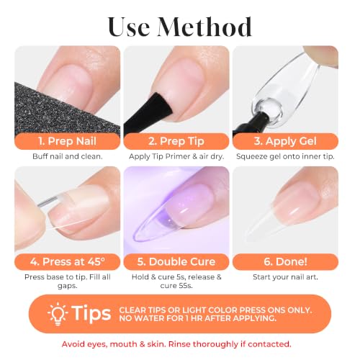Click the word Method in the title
204,27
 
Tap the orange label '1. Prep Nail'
67,141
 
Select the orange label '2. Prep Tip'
176,141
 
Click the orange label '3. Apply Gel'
285,141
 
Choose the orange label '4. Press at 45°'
67,261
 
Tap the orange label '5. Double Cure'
176,261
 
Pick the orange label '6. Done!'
285,261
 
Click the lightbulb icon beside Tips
58,314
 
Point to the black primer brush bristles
158,107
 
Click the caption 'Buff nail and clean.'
68,156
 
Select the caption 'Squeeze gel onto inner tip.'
285,156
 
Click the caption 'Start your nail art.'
285,277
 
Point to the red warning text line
176,344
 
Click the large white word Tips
91,313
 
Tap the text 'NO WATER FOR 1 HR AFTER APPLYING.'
198,318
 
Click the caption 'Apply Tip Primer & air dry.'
176,156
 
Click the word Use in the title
129,27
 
